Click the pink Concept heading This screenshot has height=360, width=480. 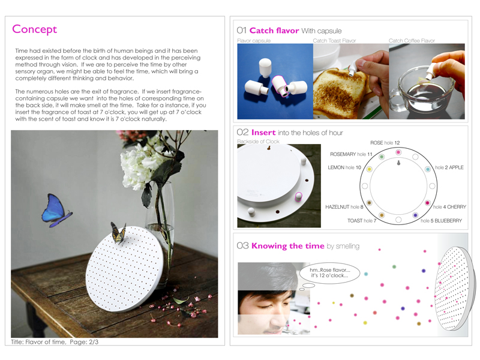pyautogui.click(x=34, y=29)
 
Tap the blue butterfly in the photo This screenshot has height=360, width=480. pyautogui.click(x=55, y=211)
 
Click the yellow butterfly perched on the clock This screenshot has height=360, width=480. pyautogui.click(x=118, y=233)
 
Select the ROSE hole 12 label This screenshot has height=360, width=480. pyautogui.click(x=385, y=143)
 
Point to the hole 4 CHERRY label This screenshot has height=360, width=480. pyautogui.click(x=449, y=207)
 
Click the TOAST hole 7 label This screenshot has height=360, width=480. pyautogui.click(x=362, y=221)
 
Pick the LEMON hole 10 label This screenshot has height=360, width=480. pyautogui.click(x=344, y=167)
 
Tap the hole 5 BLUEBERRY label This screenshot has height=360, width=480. pyautogui.click(x=441, y=221)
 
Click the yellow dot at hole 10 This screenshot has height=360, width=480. pyautogui.click(x=370, y=169)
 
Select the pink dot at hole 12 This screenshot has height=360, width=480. pyautogui.click(x=398, y=152)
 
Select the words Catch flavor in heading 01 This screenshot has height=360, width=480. pyautogui.click(x=274, y=31)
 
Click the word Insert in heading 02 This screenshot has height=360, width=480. pyautogui.click(x=263, y=133)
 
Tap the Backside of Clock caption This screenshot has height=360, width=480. pyautogui.click(x=258, y=142)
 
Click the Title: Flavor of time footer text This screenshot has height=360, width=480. pyautogui.click(x=55, y=342)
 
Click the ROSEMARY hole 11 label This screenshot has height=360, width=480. pyautogui.click(x=351, y=154)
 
